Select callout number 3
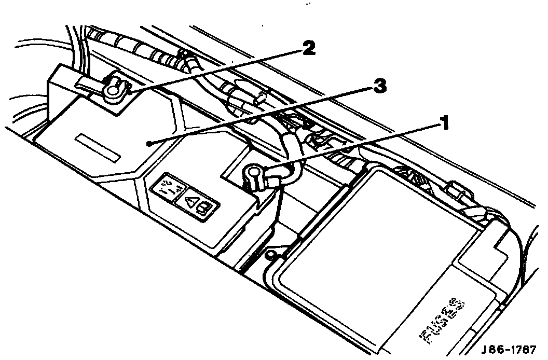click(381, 86)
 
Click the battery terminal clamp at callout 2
click(113, 89)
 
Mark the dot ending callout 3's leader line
click(149, 144)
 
